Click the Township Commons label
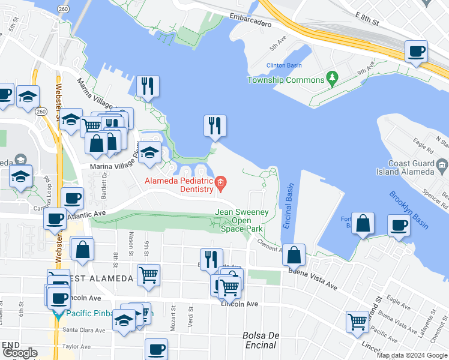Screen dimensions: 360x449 [x=286, y=80]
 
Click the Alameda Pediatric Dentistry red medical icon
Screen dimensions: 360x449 [x=221, y=182]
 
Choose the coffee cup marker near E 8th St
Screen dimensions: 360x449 [x=416, y=52]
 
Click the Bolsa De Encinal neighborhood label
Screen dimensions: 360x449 [x=261, y=340]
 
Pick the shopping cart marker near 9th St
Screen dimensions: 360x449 [x=148, y=275]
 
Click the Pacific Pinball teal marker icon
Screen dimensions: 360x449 [x=58, y=313]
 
